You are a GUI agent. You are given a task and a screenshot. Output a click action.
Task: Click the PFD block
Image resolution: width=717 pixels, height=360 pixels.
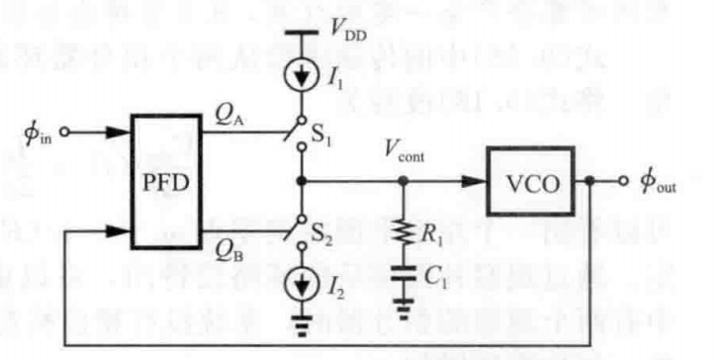[x=166, y=182]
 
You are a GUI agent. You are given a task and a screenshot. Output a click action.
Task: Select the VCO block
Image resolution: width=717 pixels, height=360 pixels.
[x=530, y=181]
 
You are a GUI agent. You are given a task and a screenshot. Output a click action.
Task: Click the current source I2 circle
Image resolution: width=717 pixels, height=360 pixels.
[x=301, y=285]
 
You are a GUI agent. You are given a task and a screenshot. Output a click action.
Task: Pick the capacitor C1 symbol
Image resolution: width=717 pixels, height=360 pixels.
[x=403, y=273]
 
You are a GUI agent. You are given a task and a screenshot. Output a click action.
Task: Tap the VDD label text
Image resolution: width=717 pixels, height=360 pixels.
[x=348, y=32]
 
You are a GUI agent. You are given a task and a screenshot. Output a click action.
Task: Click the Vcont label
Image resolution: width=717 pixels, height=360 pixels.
[x=403, y=152]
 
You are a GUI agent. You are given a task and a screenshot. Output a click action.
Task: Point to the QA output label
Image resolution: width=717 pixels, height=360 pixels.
[x=229, y=118]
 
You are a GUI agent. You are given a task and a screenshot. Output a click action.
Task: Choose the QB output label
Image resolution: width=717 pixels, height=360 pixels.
[x=229, y=254]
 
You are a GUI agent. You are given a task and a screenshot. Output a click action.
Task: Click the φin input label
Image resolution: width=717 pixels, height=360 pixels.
[x=39, y=134]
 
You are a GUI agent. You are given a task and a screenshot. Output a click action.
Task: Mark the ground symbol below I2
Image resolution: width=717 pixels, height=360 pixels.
[x=301, y=324]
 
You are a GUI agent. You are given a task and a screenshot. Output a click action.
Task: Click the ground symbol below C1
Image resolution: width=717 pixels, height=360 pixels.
[x=403, y=308]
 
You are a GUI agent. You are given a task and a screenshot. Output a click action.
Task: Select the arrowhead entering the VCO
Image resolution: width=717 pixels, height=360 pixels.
[x=474, y=181]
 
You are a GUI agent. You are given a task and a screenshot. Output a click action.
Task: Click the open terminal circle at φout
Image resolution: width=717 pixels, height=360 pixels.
[x=623, y=181]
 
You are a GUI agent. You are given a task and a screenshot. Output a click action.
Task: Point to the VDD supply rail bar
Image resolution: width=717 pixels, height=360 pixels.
[x=301, y=33]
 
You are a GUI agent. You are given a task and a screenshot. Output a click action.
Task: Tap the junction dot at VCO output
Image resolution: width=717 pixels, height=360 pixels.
[x=589, y=181]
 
